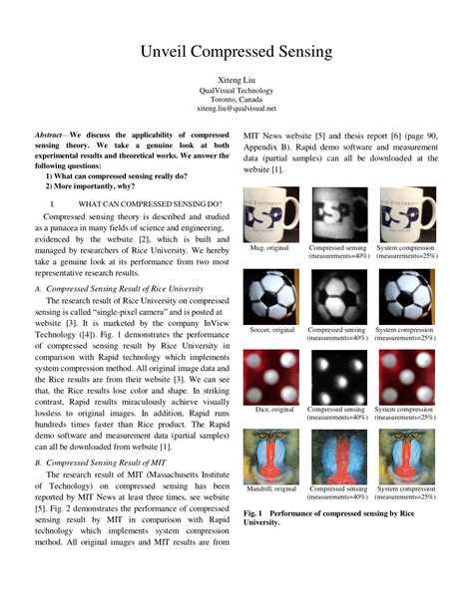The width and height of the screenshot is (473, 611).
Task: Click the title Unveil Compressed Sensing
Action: click(x=236, y=51)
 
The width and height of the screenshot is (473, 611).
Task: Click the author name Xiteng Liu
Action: click(x=236, y=77)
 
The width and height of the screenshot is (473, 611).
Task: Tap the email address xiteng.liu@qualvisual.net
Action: click(x=236, y=108)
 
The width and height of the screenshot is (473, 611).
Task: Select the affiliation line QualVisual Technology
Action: click(x=236, y=88)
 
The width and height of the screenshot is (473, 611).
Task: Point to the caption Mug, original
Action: click(x=270, y=248)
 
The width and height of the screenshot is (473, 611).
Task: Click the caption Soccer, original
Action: click(x=270, y=329)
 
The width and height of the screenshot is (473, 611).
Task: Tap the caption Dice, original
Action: click(x=270, y=409)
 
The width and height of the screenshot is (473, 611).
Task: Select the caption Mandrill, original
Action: click(x=270, y=488)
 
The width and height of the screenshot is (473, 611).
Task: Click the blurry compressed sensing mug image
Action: click(x=338, y=213)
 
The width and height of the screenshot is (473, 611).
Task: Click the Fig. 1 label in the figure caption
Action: click(x=256, y=511)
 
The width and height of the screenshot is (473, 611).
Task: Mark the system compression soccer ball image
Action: click(x=407, y=295)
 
